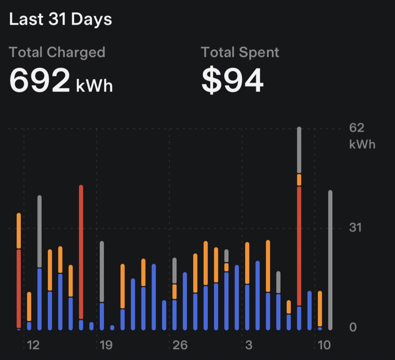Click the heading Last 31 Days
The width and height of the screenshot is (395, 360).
[x=60, y=19]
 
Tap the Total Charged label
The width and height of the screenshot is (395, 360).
[x=57, y=53]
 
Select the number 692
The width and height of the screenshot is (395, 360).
[x=40, y=80]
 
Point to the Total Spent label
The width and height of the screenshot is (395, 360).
[x=240, y=53]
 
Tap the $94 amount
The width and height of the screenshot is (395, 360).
[x=232, y=80]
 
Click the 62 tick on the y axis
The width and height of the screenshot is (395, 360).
[x=357, y=128]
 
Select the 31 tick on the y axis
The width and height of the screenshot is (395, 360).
[x=355, y=227]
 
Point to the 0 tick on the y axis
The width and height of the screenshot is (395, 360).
[x=353, y=327]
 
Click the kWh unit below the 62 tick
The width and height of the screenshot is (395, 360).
[x=362, y=145]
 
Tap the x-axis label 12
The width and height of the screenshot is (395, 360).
[x=33, y=345]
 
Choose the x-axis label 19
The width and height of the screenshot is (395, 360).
[x=106, y=345]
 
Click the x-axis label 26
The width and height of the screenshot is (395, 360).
[x=180, y=345]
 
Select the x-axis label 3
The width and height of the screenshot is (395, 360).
[x=249, y=345]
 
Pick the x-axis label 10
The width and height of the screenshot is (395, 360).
[x=324, y=345]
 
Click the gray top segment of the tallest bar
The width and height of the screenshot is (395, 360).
[x=299, y=150]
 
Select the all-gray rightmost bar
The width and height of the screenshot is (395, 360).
[x=330, y=259]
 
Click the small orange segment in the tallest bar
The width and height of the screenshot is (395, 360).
[x=299, y=180]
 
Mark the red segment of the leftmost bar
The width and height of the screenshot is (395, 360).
[x=19, y=288]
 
